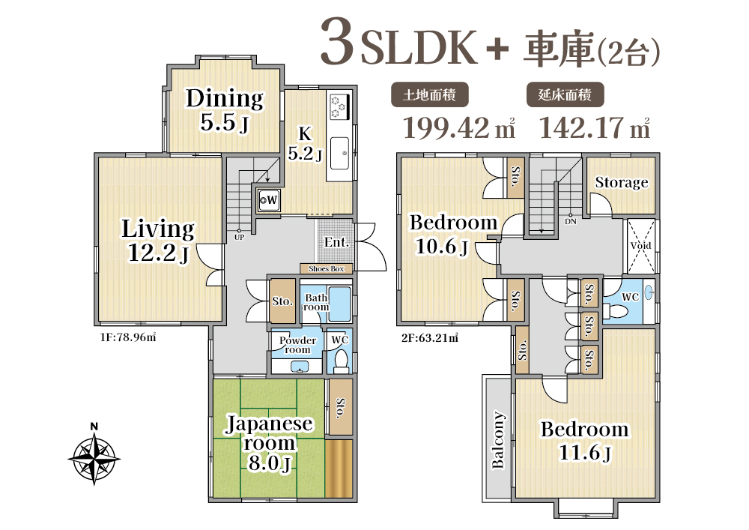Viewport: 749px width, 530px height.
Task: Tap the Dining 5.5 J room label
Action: tap(225, 110)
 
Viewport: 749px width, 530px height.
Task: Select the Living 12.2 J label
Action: tap(158, 241)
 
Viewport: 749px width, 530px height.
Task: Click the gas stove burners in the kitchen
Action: tap(339, 106)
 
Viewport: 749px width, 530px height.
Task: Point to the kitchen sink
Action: tap(339, 153)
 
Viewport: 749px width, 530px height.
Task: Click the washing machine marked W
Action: tap(269, 199)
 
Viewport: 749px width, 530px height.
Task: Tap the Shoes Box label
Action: tap(327, 268)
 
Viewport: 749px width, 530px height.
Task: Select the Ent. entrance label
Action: tap(336, 242)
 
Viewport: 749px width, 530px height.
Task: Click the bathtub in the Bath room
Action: tap(340, 304)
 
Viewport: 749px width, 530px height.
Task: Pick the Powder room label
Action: tap(297, 345)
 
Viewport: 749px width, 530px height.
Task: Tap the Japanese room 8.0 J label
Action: tap(270, 443)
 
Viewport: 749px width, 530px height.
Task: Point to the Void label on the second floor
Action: tap(640, 246)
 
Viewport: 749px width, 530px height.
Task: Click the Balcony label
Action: tap(498, 440)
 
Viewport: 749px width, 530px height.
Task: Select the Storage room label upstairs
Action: tap(622, 182)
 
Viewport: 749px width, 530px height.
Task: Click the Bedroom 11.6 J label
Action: tap(584, 441)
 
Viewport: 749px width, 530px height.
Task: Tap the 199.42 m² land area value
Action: tap(459, 127)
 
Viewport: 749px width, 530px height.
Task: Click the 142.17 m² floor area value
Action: tap(595, 127)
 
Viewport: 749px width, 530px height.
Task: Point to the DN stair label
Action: tap(570, 221)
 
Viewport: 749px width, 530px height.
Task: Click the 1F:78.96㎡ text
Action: tap(128, 337)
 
